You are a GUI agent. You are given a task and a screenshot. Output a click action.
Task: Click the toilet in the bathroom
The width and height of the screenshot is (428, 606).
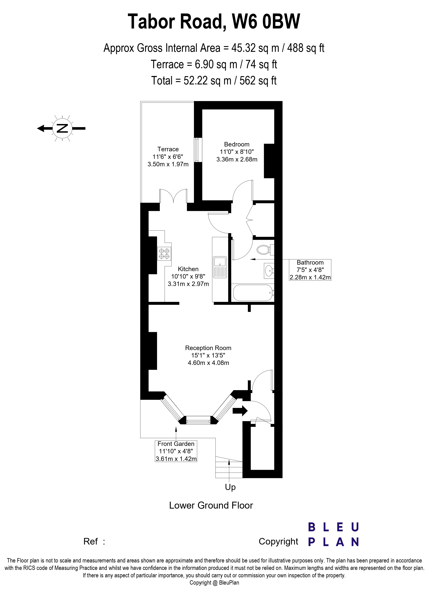(265, 249)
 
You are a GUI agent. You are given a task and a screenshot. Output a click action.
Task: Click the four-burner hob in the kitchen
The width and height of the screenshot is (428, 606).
(164, 254)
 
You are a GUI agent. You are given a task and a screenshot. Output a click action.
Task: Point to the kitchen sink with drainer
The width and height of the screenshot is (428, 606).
(220, 267)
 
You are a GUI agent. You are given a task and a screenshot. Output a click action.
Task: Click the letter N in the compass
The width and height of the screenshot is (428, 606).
(62, 128)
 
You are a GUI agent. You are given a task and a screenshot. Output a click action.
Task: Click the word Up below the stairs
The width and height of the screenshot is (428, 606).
(230, 487)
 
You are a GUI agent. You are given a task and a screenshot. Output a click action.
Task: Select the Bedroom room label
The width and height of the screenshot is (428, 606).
(237, 144)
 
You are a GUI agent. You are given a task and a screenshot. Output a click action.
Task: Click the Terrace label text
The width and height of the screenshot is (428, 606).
(168, 149)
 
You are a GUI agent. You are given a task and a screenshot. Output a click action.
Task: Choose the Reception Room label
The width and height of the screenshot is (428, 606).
(208, 348)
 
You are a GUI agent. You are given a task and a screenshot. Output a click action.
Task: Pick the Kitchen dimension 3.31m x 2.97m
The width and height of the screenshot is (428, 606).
(188, 284)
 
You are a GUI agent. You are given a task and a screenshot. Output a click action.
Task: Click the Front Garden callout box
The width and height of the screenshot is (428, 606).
(176, 451)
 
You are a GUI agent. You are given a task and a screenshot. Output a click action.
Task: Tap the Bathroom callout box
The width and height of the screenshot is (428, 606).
(310, 270)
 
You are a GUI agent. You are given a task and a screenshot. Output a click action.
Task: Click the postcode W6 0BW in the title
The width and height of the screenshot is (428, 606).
(266, 21)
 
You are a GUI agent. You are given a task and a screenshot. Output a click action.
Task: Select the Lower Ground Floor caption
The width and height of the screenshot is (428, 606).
(211, 505)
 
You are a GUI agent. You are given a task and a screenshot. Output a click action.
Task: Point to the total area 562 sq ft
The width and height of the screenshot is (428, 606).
(258, 80)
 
